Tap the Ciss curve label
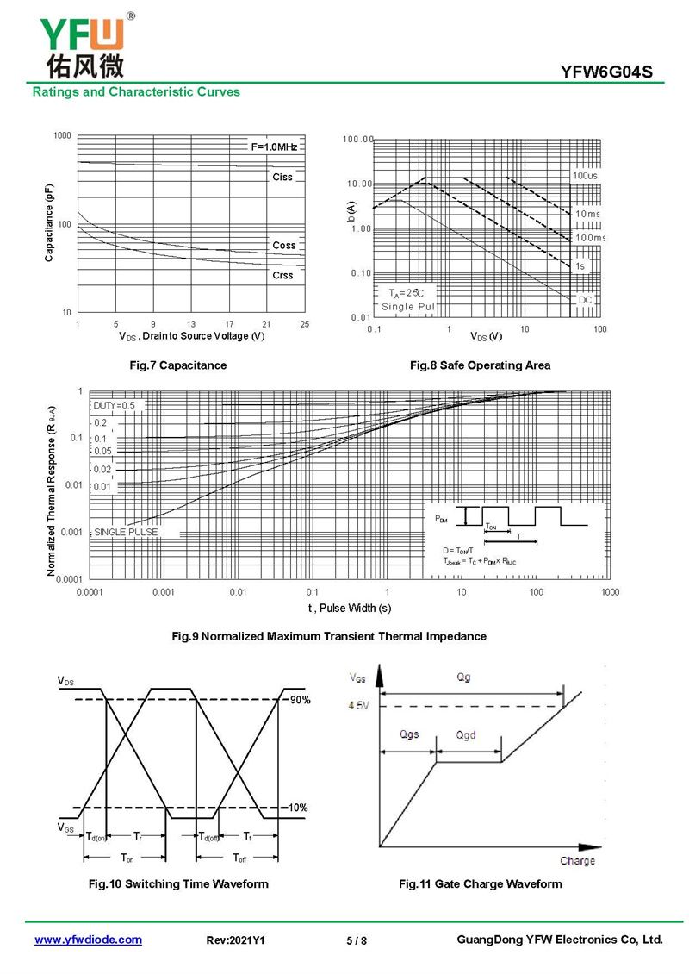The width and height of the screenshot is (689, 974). point(282,177)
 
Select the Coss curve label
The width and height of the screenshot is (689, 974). point(283,246)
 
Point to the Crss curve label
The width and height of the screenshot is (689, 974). point(282,276)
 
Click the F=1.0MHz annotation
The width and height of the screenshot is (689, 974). point(274,147)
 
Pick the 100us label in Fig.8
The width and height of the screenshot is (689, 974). point(585,176)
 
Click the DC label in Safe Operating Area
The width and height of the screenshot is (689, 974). point(586,299)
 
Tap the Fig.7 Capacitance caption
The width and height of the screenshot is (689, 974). point(178,365)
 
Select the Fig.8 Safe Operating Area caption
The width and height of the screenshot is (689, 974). point(481,365)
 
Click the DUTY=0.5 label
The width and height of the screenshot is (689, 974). point(115,405)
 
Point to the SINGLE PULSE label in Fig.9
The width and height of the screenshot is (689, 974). point(127,533)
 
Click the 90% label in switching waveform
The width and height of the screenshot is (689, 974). point(299,700)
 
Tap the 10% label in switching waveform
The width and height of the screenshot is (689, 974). point(298,808)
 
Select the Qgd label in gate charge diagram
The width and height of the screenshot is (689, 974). point(466,735)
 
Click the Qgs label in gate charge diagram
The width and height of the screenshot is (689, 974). point(410,735)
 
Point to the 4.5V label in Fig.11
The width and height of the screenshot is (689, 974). point(360,705)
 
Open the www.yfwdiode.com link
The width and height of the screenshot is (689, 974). point(88,940)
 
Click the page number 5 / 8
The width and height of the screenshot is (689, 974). point(357,940)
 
